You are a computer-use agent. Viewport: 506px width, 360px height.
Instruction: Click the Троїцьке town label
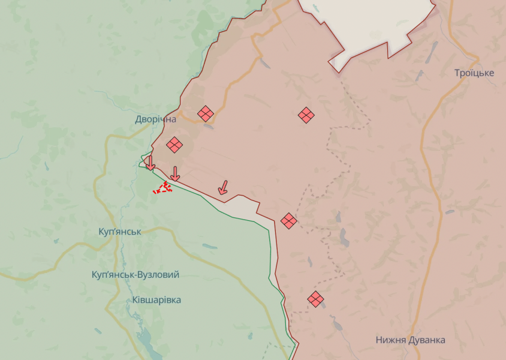474,73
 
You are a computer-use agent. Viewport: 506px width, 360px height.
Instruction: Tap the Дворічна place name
156,119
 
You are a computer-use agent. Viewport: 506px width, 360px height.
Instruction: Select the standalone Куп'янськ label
120,232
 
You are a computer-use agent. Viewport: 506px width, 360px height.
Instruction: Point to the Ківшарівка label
153,299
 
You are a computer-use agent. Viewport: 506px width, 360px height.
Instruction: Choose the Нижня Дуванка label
410,340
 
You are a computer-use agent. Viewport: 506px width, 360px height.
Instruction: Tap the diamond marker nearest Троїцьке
306,115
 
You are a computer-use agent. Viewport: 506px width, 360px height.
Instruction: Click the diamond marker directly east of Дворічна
206,113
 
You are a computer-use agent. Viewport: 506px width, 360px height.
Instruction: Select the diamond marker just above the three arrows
174,145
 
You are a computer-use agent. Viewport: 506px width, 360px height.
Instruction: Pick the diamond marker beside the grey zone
289,221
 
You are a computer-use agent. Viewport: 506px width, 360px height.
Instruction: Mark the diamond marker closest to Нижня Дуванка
315,298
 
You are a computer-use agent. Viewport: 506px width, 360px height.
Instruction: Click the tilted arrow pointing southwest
222,188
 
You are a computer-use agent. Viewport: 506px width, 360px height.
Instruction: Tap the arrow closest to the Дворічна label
150,163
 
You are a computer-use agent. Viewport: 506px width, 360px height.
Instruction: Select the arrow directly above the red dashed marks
174,174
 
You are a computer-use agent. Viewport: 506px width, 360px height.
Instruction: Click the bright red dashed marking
163,188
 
